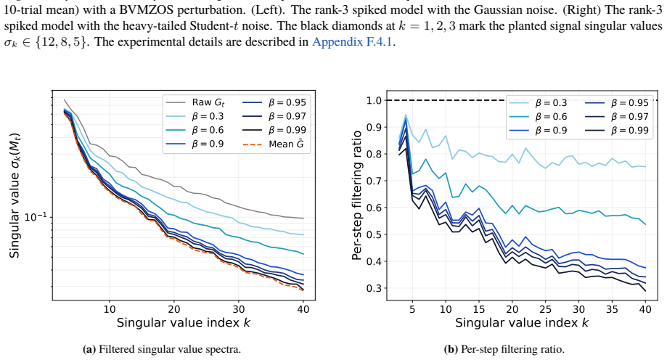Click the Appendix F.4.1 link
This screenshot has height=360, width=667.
(352, 42)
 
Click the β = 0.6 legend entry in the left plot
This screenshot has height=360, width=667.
(195, 130)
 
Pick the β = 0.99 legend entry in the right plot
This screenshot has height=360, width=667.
(617, 131)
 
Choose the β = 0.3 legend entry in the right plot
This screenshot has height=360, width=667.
(538, 103)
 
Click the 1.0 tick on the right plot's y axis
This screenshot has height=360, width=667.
(373, 100)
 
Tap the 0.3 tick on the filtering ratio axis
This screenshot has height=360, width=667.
(373, 288)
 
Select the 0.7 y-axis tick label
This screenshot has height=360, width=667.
(373, 181)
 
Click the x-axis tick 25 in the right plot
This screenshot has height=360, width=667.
(545, 309)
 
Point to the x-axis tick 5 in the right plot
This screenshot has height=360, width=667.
(412, 309)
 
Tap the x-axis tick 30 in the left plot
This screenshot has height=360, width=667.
(239, 309)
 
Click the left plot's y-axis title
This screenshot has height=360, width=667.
(15, 196)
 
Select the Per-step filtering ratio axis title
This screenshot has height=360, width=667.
(357, 195)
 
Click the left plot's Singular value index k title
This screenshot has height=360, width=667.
(184, 323)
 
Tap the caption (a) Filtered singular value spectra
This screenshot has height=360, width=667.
(162, 349)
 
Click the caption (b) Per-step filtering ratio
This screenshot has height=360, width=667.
(504, 349)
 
